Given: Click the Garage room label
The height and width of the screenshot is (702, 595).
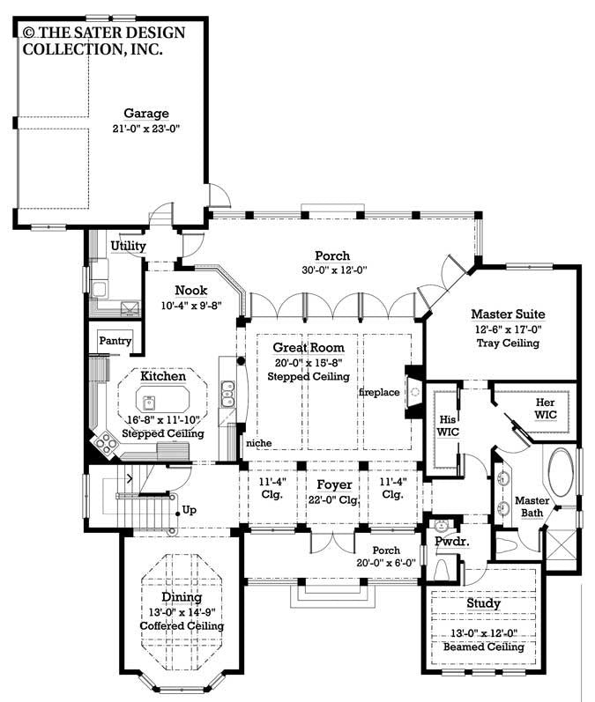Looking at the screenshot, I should coord(146,114).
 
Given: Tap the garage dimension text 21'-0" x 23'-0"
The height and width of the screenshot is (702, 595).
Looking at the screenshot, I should coord(146,129).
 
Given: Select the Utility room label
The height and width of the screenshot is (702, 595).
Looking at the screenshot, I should coord(128,246).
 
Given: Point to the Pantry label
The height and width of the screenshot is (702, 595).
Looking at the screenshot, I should coord(115,341).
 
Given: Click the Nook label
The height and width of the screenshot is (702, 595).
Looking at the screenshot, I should coord(190,290).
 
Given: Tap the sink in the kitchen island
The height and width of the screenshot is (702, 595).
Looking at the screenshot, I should coord(151,403).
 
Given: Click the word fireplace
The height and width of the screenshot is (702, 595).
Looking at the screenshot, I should coord(378,391).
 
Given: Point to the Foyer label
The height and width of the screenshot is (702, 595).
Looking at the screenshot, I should coord(334,484).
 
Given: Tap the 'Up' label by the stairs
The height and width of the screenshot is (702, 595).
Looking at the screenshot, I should coord(189,509).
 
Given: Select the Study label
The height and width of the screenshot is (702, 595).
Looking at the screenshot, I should coord(484,603).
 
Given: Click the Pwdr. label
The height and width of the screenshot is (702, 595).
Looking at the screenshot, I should coord(451,543).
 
